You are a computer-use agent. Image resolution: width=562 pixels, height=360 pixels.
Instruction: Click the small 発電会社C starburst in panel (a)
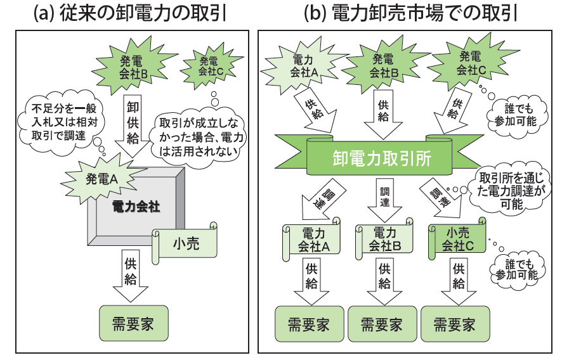pos(211,66)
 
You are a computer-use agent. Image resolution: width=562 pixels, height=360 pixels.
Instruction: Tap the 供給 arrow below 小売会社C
pos(458,280)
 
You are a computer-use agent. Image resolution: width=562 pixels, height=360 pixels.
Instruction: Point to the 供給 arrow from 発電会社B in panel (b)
pos(384,112)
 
